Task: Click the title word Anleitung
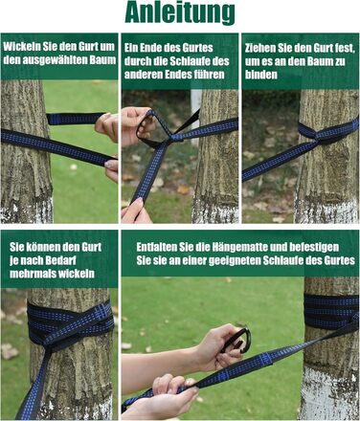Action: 180,13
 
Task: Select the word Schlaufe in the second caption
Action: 191,61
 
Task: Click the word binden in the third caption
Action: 261,75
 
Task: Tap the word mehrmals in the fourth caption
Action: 30,274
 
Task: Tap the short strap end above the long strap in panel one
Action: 76,119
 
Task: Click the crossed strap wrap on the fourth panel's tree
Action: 70,325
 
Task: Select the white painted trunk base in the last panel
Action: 329,392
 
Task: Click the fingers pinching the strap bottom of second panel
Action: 136,210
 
